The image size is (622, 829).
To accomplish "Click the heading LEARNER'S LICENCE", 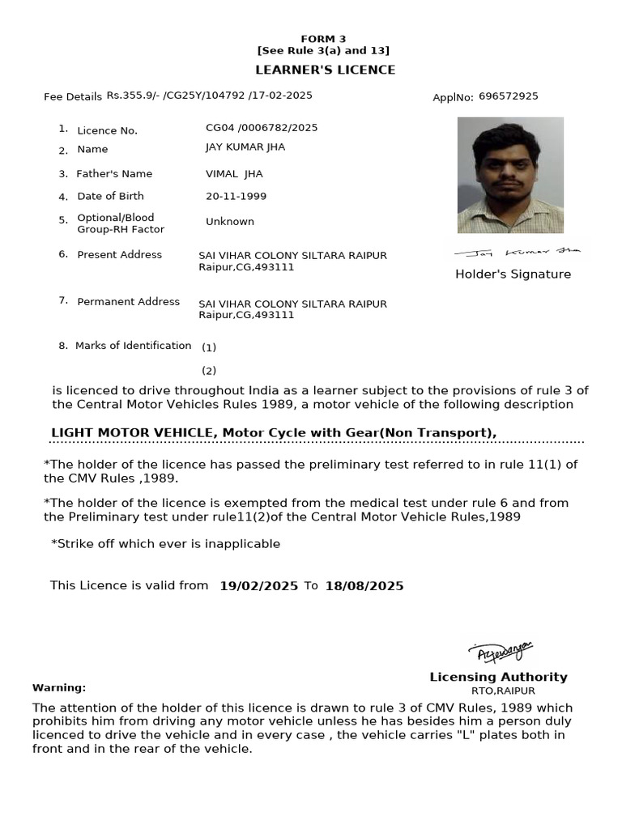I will [325, 70].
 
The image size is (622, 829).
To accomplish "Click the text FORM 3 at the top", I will [323, 39].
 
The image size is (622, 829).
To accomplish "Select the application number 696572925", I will [508, 96].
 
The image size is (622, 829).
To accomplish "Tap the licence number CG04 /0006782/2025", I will [262, 128].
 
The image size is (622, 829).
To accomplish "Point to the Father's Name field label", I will [114, 174].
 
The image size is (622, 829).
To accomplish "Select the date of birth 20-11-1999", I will [236, 196].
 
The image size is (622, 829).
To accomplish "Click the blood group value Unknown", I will [230, 221].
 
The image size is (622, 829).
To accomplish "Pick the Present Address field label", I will [119, 254].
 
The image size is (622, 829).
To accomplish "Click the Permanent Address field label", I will [128, 301].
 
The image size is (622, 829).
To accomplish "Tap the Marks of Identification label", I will [133, 346].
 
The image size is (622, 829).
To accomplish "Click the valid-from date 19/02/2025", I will [259, 586].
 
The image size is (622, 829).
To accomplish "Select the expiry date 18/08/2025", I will [364, 586].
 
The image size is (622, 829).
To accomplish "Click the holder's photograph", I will [510, 175].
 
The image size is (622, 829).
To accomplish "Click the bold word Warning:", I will [59, 687].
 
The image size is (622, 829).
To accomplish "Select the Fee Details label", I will [73, 97].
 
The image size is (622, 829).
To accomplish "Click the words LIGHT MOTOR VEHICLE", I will [132, 432].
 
